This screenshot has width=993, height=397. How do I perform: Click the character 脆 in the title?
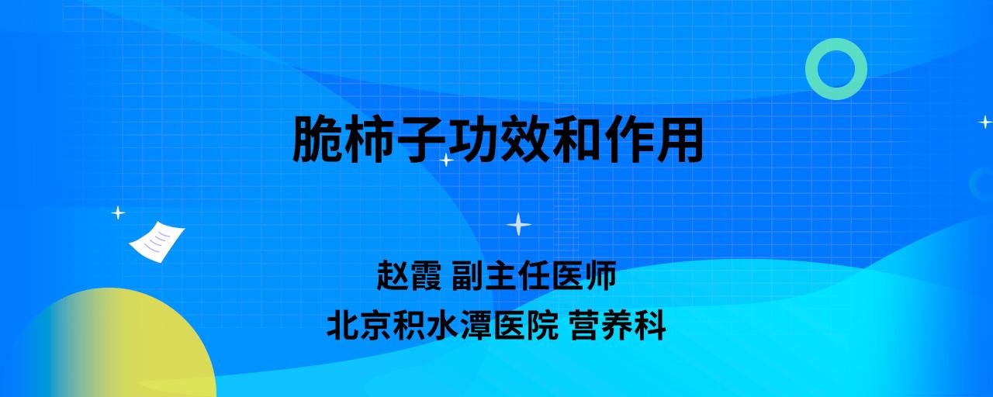tap(317, 139)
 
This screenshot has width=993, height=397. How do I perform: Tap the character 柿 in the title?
tap(369, 139)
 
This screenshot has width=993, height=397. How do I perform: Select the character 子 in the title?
tap(421, 139)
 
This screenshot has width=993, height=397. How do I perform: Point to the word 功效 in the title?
tap(499, 139)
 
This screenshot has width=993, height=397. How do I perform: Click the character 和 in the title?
tap(576, 139)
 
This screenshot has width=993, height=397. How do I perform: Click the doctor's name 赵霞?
tap(409, 275)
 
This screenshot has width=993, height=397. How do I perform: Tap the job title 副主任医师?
tap(535, 275)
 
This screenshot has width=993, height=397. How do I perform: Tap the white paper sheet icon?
tap(157, 242)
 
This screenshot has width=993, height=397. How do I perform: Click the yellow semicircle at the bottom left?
tap(111, 346)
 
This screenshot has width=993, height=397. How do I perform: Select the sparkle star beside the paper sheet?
tap(118, 213)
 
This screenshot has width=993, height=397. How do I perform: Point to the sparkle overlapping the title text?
tap(446, 160)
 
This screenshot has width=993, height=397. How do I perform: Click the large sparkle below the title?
tap(519, 225)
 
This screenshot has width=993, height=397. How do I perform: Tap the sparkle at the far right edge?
tap(985, 122)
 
